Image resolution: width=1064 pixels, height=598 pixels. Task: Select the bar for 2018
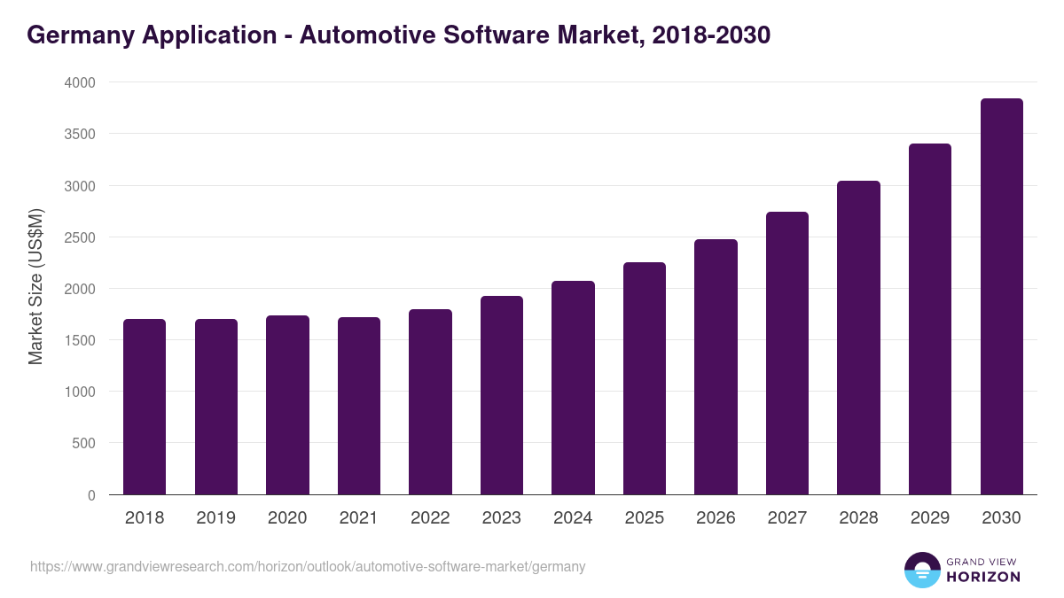click(145, 407)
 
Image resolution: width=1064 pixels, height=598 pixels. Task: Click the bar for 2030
click(1001, 297)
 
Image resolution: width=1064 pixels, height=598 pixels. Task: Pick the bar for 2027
click(787, 353)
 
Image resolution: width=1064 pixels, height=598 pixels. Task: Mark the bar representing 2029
click(930, 319)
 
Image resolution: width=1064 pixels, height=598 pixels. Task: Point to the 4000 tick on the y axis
click(79, 82)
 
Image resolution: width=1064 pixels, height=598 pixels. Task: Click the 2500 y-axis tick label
click(79, 237)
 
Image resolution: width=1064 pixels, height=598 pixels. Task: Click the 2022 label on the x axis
click(430, 518)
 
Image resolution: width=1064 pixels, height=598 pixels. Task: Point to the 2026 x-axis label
click(716, 518)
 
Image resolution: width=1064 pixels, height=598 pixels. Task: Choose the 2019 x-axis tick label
click(215, 518)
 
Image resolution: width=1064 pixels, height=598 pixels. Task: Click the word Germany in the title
click(77, 35)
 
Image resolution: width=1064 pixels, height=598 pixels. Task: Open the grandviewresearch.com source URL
click(308, 566)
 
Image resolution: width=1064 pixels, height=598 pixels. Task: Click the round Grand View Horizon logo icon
click(922, 570)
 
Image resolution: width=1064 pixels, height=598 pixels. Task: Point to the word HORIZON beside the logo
click(983, 577)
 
